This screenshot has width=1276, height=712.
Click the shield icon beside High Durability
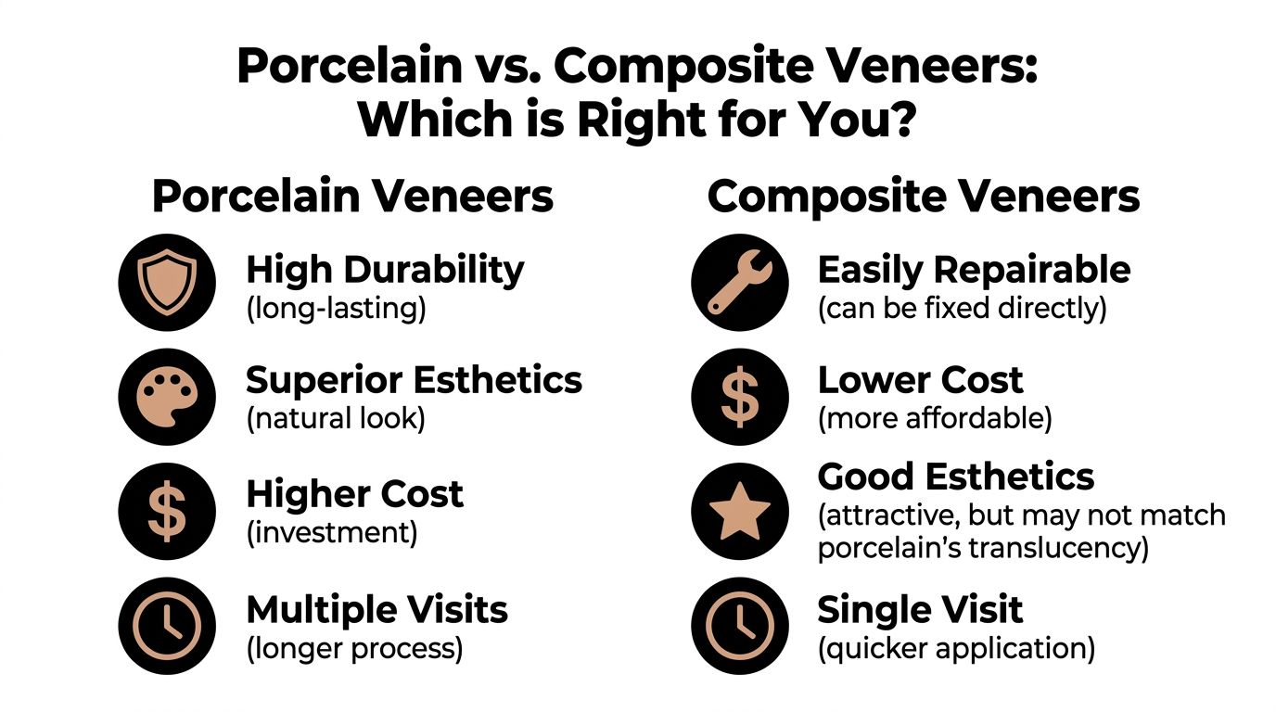[167, 282]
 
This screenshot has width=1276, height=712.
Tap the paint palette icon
[167, 397]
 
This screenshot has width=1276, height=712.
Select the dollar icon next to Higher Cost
[167, 511]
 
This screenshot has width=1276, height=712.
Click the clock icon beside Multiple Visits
[167, 626]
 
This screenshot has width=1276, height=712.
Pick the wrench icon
[739, 282]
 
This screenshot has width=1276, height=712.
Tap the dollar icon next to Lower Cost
[739, 397]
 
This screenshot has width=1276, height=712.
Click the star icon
[739, 511]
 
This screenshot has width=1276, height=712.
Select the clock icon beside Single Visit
[739, 626]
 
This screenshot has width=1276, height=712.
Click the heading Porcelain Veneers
[352, 197]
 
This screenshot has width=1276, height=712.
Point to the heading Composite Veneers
[924, 197]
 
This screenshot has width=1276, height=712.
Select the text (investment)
[331, 532]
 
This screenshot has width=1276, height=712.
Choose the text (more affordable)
[935, 418]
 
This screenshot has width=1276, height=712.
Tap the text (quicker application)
[956, 647]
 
